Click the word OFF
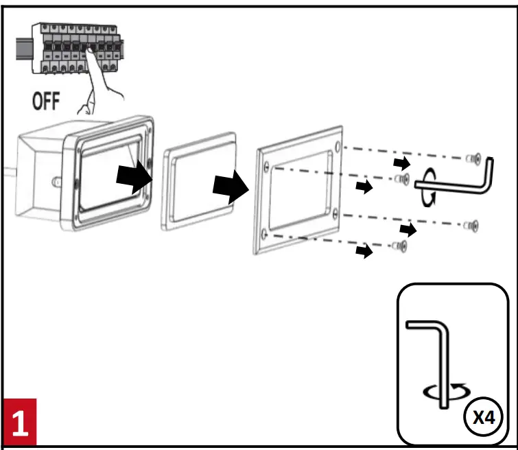click(x=46, y=103)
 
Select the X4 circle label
click(x=484, y=416)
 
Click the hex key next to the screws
click(x=473, y=180)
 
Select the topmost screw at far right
click(x=472, y=159)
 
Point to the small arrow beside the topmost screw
click(x=403, y=163)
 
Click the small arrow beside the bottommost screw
click(x=364, y=251)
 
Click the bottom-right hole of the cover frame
click(x=334, y=215)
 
